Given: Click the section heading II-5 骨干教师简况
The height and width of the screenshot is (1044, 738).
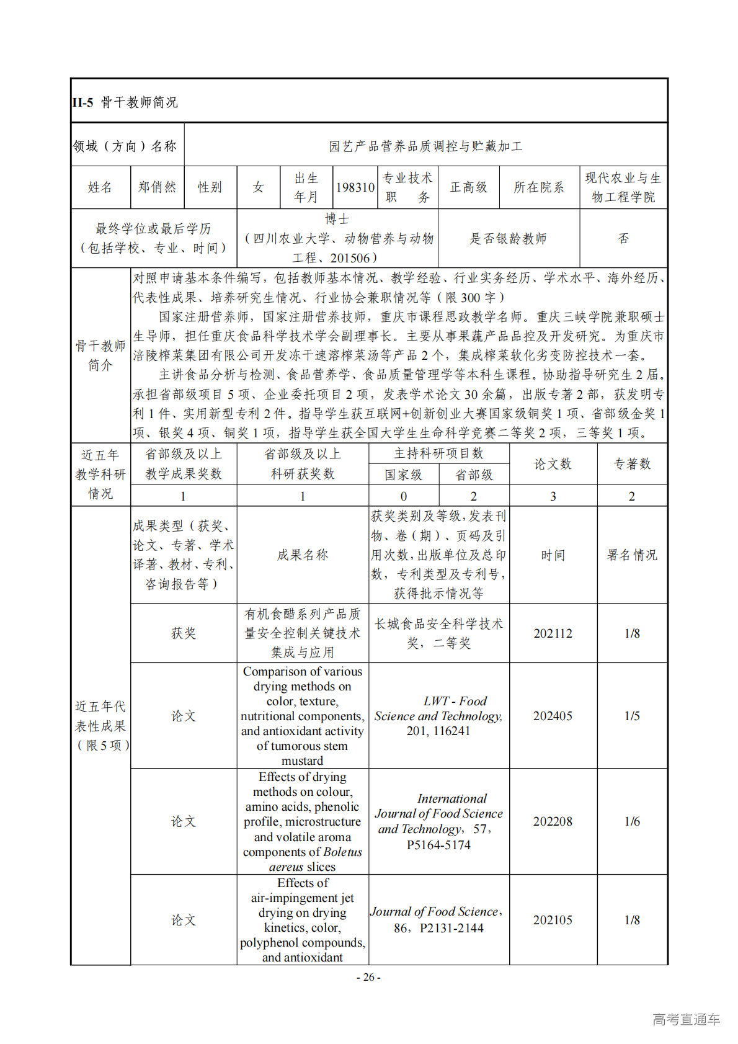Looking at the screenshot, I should click(x=125, y=102).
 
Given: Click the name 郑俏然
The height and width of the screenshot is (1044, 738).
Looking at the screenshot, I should click(x=158, y=187).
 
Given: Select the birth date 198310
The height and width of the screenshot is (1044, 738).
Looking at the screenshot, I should click(x=355, y=187).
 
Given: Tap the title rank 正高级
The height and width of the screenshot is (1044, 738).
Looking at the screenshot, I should click(x=468, y=187).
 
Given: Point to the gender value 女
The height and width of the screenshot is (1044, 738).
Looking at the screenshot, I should click(x=258, y=187).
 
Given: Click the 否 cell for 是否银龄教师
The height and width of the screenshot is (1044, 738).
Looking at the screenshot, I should click(x=623, y=238).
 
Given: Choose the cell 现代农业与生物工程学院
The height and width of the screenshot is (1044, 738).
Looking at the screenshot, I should click(x=623, y=187).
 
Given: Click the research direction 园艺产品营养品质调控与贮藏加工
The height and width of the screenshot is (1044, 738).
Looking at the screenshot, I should click(x=425, y=146).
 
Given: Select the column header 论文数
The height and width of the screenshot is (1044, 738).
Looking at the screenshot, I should click(x=553, y=464).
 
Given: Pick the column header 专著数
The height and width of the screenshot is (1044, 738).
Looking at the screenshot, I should click(x=632, y=464).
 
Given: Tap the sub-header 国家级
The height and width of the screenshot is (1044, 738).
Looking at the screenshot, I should click(x=404, y=475).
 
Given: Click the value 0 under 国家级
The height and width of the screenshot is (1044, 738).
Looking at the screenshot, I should click(x=404, y=496).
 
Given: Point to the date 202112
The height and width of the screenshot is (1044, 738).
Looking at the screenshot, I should click(x=553, y=633).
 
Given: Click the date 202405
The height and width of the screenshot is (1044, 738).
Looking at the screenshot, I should click(x=553, y=716).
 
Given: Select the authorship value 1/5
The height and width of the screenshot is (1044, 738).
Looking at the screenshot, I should click(x=632, y=716).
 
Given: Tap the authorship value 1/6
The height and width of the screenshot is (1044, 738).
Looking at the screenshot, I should click(x=632, y=821).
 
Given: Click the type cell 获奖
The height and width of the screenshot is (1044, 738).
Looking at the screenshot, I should click(x=184, y=633).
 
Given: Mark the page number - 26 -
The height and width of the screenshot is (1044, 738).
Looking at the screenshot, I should click(x=368, y=977).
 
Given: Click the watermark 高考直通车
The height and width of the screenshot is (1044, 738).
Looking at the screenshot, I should click(x=686, y=1019).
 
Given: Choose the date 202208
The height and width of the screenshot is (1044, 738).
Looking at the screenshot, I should click(x=553, y=821).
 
